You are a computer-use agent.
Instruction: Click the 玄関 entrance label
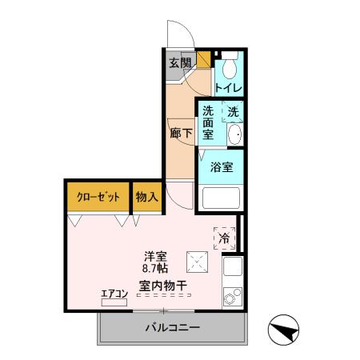click(x=180, y=63)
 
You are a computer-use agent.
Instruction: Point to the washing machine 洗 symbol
click(x=232, y=114)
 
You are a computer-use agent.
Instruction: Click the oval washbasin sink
click(x=233, y=136)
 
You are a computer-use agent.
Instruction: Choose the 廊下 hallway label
click(x=181, y=134)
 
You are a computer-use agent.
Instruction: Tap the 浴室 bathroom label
click(x=222, y=167)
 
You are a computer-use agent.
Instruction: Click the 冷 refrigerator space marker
click(x=225, y=238)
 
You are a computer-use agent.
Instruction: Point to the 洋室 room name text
click(x=155, y=256)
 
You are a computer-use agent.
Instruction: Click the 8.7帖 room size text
click(x=155, y=270)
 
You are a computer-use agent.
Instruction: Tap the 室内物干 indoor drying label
click(x=162, y=285)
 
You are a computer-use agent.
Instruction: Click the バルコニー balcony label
click(x=172, y=328)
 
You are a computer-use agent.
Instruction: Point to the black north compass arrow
click(x=286, y=329)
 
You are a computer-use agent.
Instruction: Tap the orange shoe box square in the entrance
click(x=204, y=58)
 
